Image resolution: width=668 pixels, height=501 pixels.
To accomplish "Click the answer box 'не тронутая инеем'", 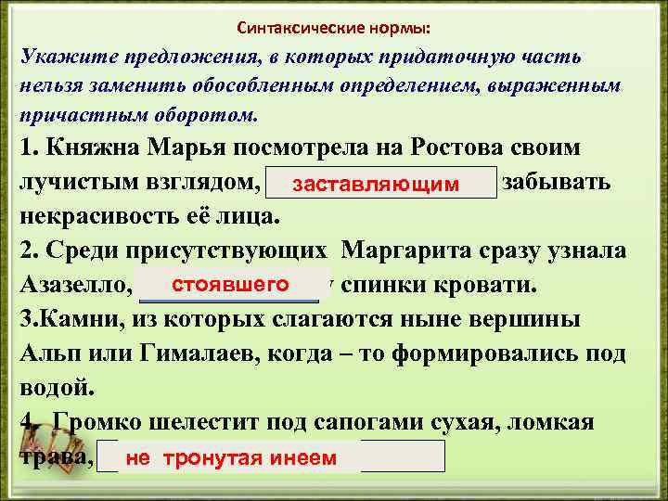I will [231, 457].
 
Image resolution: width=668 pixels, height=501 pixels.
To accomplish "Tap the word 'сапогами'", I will [379, 422].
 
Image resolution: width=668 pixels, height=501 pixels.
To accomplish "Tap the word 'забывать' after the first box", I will [555, 181].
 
